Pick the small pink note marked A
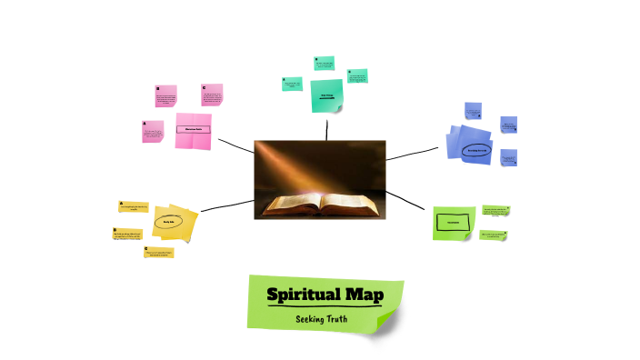(153, 133)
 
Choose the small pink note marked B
(165, 97)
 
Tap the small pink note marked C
(212, 95)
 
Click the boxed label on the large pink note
(193, 129)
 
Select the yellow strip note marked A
(133, 207)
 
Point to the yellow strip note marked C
(158, 253)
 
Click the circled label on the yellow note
(168, 222)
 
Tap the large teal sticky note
(326, 95)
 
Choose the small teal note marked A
(291, 84)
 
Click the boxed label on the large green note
(453, 222)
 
